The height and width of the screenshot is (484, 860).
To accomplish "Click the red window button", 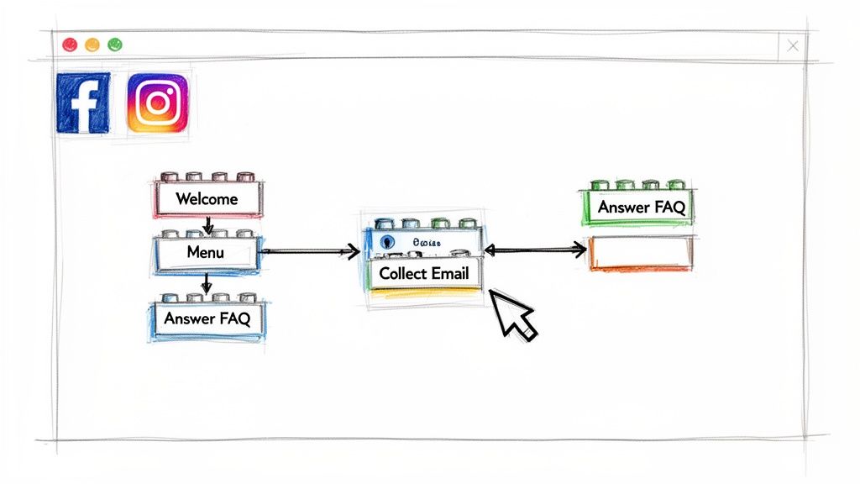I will pyautogui.click(x=70, y=45).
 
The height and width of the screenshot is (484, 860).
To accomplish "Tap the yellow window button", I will pyautogui.click(x=92, y=45).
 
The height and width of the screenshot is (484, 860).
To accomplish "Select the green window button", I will pyautogui.click(x=115, y=45).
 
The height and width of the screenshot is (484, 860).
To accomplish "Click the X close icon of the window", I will pyautogui.click(x=792, y=46).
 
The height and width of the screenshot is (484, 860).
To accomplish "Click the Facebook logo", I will pyautogui.click(x=82, y=103).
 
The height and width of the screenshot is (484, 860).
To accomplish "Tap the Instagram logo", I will pyautogui.click(x=157, y=103).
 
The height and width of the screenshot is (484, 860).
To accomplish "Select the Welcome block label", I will pyautogui.click(x=207, y=199).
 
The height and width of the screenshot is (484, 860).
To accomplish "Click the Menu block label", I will pyautogui.click(x=206, y=251).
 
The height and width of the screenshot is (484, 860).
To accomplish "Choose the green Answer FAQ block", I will pyautogui.click(x=641, y=207).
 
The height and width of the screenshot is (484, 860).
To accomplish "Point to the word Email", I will pyautogui.click(x=450, y=273).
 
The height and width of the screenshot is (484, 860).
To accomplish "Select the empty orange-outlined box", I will pyautogui.click(x=641, y=253).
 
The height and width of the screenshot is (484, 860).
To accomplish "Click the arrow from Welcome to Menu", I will pyautogui.click(x=207, y=225).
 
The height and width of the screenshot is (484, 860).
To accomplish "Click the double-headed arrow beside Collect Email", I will pyautogui.click(x=535, y=249).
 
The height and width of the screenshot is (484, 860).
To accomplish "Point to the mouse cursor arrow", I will pyautogui.click(x=513, y=315).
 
